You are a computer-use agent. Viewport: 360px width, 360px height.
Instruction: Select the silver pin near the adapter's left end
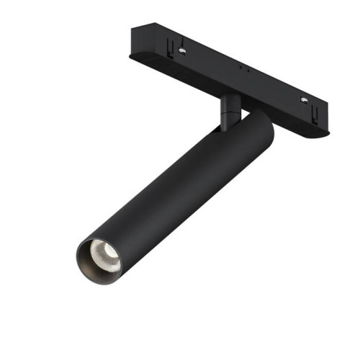(x=184, y=51)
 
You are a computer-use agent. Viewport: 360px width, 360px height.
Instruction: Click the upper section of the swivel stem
(x=230, y=101)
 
